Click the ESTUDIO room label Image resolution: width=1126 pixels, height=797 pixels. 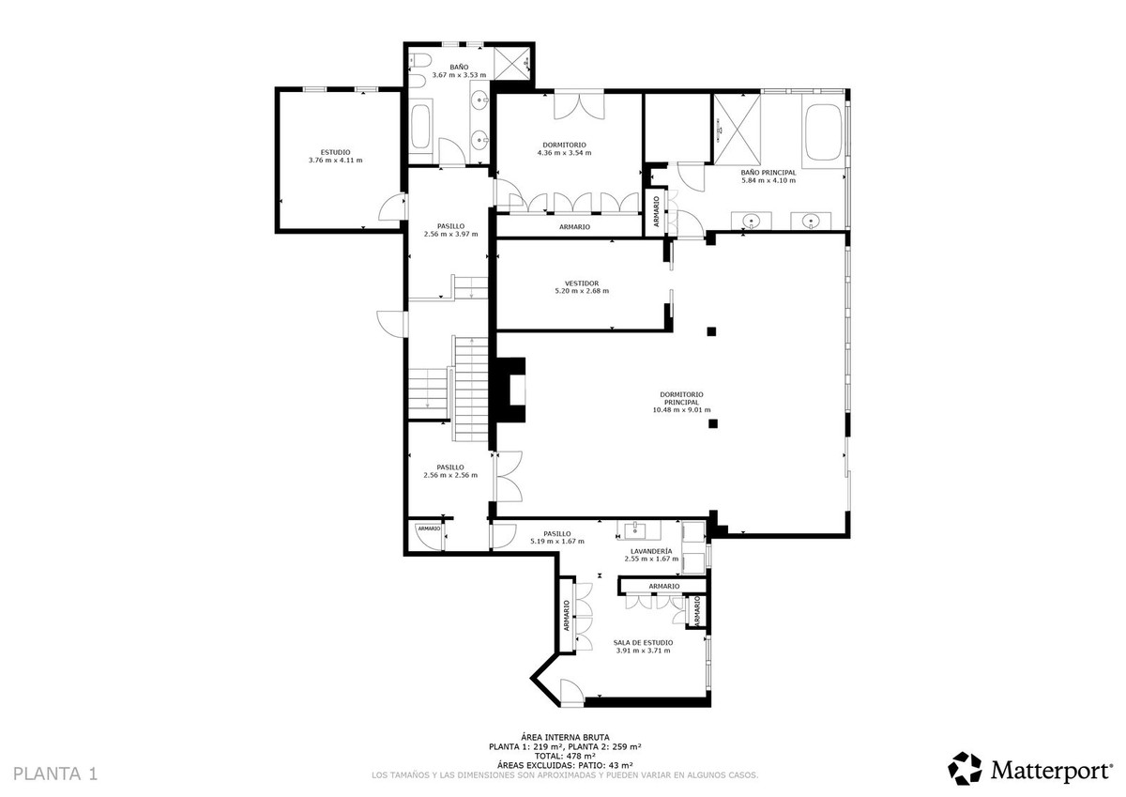click(x=335, y=151)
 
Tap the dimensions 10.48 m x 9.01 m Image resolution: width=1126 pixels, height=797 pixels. click(x=681, y=409)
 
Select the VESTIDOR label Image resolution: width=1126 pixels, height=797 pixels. click(x=581, y=283)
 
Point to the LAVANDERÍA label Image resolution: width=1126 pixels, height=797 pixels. click(x=651, y=550)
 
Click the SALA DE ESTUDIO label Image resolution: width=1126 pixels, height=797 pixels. click(x=644, y=642)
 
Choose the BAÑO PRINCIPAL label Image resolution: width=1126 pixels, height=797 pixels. click(x=768, y=172)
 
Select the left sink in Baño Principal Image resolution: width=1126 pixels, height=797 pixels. click(x=752, y=222)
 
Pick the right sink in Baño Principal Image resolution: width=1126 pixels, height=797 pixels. click(x=811, y=222)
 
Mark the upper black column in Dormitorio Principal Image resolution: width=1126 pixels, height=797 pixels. click(x=711, y=330)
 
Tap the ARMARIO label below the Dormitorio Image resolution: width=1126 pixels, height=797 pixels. click(x=574, y=227)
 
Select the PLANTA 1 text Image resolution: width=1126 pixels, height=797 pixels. click(x=55, y=774)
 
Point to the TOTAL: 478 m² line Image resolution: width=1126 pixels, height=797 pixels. click(x=564, y=756)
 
